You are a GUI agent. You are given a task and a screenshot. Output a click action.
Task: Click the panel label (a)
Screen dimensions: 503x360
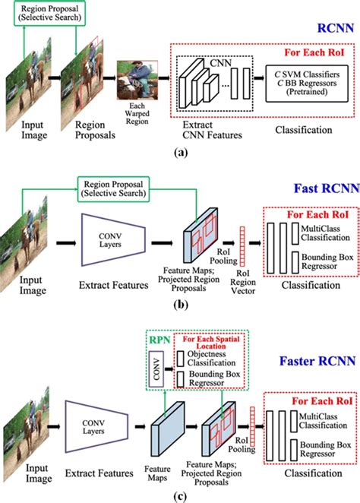coord(180,152)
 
